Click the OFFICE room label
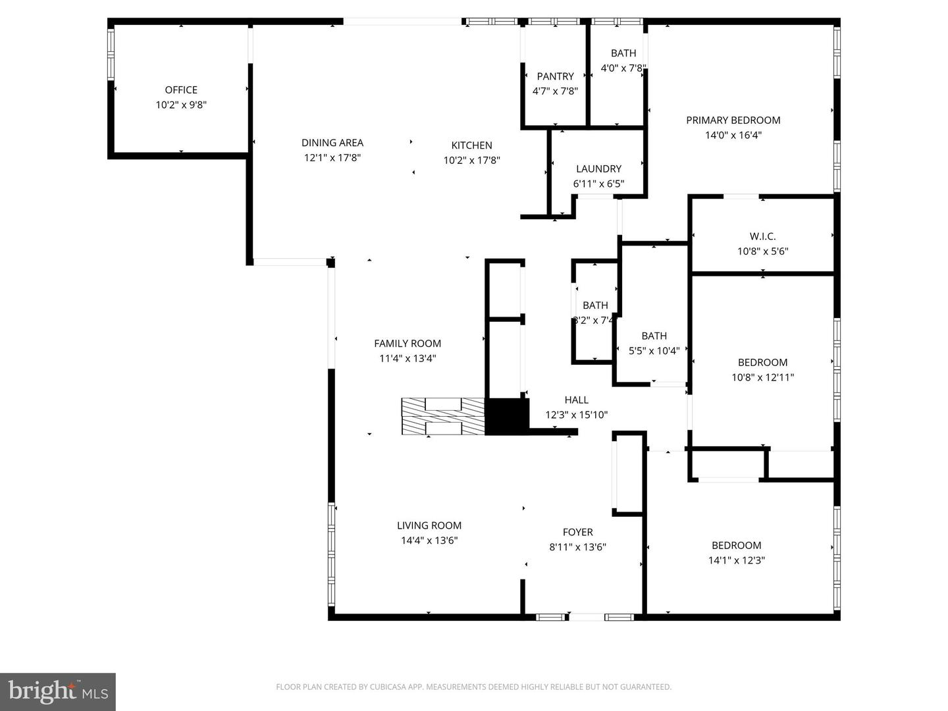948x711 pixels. coord(181,90)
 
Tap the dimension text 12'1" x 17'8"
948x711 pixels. coord(332,158)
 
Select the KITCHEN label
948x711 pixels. coord(471,145)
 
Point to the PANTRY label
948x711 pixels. coord(555,76)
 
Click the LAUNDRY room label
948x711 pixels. coord(598,169)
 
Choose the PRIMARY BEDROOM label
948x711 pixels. coord(733,120)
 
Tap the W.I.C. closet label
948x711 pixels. coord(762,236)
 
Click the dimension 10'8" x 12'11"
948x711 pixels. coord(762,378)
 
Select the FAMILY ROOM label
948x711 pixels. coord(408,344)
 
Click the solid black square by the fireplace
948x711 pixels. coord(507,417)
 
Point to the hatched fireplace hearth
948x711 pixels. coord(443,417)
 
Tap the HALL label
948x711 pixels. coord(576,400)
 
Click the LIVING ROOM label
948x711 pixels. coord(429,526)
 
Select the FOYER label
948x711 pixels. coord(577,533)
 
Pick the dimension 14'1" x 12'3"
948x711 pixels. coord(736,561)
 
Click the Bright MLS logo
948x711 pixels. coord(58,691)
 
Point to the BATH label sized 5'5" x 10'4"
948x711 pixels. coord(654,336)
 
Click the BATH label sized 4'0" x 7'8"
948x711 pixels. coord(623,53)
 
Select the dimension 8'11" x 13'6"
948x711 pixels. coord(577,547)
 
